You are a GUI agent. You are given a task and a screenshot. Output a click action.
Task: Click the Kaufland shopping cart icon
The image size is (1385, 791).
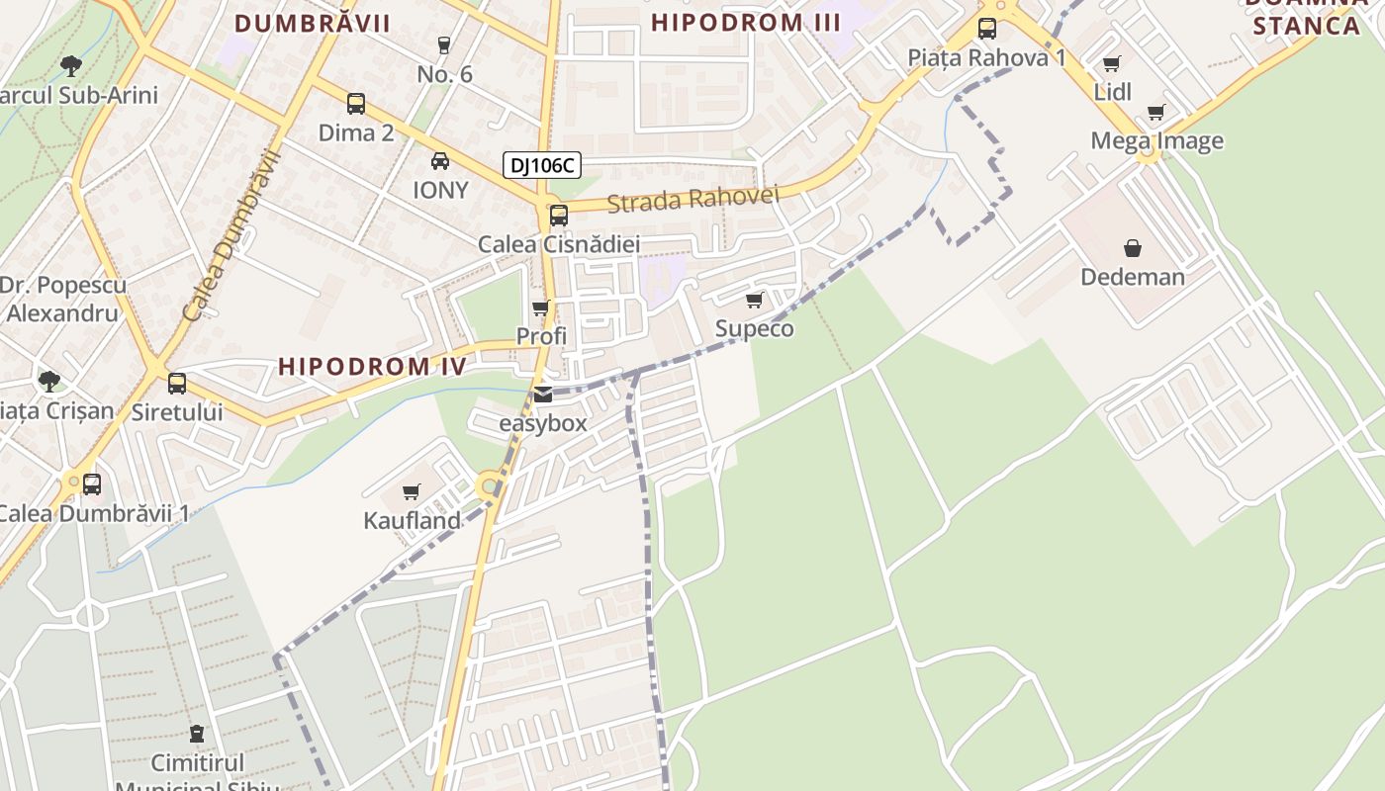point(412,491)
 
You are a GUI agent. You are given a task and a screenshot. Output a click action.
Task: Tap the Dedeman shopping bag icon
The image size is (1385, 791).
point(1133,248)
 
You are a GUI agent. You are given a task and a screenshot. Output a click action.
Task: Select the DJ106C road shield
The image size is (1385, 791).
point(541,165)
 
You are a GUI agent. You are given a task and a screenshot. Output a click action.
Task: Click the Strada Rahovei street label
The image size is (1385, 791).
point(692,199)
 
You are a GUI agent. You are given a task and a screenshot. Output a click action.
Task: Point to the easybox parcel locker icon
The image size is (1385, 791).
point(543,395)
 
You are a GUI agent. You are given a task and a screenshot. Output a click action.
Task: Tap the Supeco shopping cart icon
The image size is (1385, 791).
point(755,300)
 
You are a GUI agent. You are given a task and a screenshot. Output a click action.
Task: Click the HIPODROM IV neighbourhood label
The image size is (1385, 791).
point(372,366)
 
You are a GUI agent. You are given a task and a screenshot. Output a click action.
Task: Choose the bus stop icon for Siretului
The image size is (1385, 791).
point(177,383)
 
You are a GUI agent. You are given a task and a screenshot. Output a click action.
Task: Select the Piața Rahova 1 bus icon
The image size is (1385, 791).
point(987,29)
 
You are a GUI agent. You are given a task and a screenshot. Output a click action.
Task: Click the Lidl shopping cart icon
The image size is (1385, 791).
point(1112,63)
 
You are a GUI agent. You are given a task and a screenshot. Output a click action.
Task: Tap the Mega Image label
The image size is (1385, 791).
point(1156,140)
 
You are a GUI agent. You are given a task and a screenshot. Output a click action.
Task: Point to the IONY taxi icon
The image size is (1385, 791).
point(440,161)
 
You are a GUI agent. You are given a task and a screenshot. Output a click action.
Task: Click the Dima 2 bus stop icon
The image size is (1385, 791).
point(355,103)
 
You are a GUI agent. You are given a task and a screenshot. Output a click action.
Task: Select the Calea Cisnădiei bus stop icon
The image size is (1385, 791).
point(559,215)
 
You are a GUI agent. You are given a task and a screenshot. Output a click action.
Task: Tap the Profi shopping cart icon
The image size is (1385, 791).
point(541,308)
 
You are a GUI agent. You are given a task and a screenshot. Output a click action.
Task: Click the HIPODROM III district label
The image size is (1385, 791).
point(746,23)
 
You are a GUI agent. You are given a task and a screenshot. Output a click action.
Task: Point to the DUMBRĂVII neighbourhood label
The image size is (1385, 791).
point(313,23)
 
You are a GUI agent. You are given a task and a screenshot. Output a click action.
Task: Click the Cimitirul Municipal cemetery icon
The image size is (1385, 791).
point(198,735)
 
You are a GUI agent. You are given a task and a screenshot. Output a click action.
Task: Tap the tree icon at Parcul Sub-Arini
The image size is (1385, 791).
point(70,66)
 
